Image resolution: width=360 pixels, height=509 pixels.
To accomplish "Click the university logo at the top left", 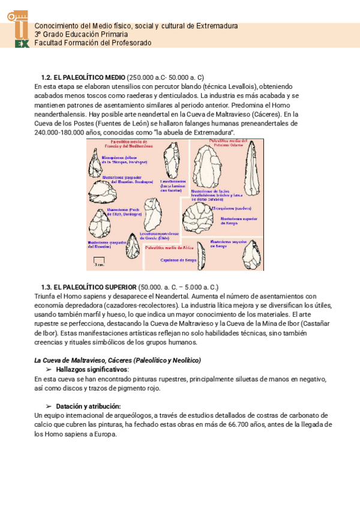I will point(21,28).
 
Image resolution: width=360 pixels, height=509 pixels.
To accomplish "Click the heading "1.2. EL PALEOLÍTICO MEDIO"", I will point(83,77).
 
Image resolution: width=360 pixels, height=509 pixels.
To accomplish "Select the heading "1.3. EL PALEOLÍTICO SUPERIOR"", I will point(88,288).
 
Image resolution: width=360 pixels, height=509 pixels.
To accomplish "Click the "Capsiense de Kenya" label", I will point(178,260).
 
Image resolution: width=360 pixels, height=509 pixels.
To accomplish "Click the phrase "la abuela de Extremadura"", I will point(196,131).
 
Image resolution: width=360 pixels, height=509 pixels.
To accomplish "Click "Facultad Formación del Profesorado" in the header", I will point(93,43).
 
